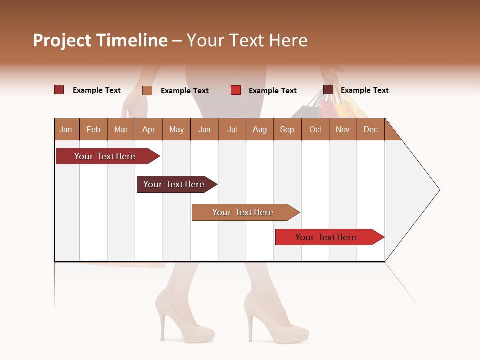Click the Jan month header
pyautogui.click(x=66, y=129)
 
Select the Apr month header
pyautogui.click(x=149, y=129)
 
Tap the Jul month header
pyautogui.click(x=232, y=129)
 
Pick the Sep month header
pyautogui.click(x=287, y=129)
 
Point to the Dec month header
pyautogui.click(x=370, y=129)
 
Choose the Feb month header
pyautogui.click(x=93, y=129)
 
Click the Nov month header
pyautogui.click(x=342, y=129)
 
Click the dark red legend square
pyautogui.click(x=59, y=90)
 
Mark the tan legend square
pyautogui.click(x=147, y=90)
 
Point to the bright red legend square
pyautogui.click(x=236, y=90)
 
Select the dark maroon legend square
pyautogui.click(x=328, y=90)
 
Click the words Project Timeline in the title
pyautogui.click(x=100, y=40)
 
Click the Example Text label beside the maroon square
pyautogui.click(x=365, y=90)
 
